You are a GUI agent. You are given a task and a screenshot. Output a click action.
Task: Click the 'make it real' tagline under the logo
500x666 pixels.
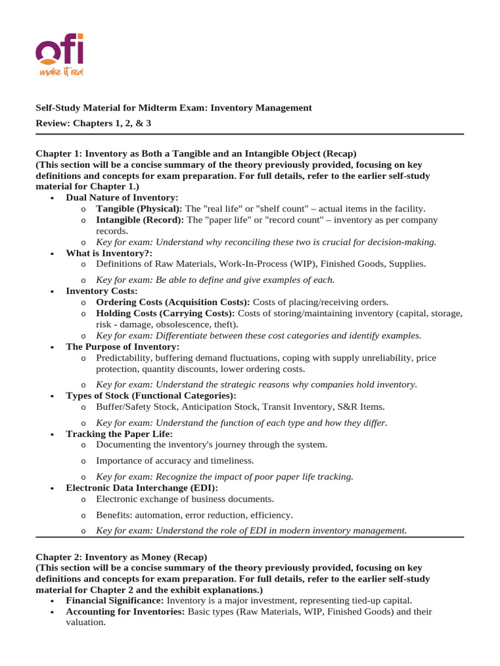[x=62, y=70]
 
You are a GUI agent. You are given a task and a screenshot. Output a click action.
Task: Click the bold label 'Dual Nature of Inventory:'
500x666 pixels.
[x=122, y=197]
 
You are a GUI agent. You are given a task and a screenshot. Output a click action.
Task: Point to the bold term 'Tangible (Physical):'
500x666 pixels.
[x=139, y=209]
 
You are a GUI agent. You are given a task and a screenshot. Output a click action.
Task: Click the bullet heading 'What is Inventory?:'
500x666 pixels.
[x=109, y=253]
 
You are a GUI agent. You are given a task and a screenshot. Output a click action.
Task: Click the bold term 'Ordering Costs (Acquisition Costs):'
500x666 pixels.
[x=173, y=302]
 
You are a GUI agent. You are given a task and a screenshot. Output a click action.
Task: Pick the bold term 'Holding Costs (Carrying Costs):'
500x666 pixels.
[x=165, y=313]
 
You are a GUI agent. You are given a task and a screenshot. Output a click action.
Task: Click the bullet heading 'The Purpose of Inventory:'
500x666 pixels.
[x=122, y=347]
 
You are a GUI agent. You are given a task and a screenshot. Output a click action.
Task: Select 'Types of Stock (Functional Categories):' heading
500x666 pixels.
[x=151, y=395]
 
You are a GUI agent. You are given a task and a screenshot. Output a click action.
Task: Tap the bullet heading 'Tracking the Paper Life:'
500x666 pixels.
[x=119, y=434]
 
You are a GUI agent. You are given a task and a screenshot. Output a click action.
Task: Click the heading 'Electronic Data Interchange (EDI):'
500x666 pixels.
[x=142, y=488]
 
